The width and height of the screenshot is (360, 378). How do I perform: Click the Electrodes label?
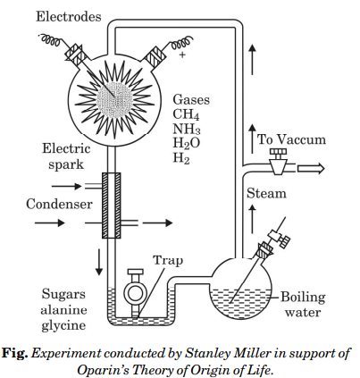point(69,17)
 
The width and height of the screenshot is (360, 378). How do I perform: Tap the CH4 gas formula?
point(186,114)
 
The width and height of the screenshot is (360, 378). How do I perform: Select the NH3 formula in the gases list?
point(187,129)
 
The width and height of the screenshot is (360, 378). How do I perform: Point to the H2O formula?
point(187,143)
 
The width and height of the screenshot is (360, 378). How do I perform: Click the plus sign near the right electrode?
point(182,55)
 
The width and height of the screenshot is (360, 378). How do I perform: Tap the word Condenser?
point(59,205)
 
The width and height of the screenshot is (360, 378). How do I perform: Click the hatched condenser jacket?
point(112,206)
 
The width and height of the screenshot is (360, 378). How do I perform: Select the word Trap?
point(168,260)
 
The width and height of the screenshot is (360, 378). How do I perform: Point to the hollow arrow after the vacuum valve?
point(311,169)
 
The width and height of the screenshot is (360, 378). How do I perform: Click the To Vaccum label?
point(291,139)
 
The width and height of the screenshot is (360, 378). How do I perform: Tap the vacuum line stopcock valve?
point(279,163)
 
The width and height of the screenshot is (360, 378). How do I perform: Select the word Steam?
point(266,193)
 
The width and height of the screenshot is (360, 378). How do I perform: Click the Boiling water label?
point(303,305)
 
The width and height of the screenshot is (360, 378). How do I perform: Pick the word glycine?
point(63,325)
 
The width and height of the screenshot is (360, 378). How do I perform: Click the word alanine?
point(63,310)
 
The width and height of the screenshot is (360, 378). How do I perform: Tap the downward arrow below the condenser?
point(99,262)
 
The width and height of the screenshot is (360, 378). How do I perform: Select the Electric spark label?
point(66,156)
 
